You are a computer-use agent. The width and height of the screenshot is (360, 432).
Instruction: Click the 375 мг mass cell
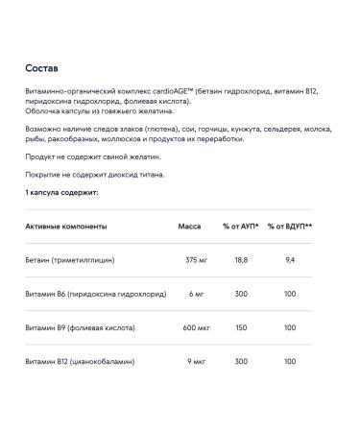click(196, 259)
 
